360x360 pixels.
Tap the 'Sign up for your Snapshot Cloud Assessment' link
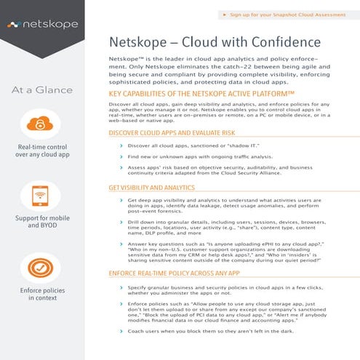click(x=294, y=14)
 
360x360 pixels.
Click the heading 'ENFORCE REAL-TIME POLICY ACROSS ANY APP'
click(x=183, y=274)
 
